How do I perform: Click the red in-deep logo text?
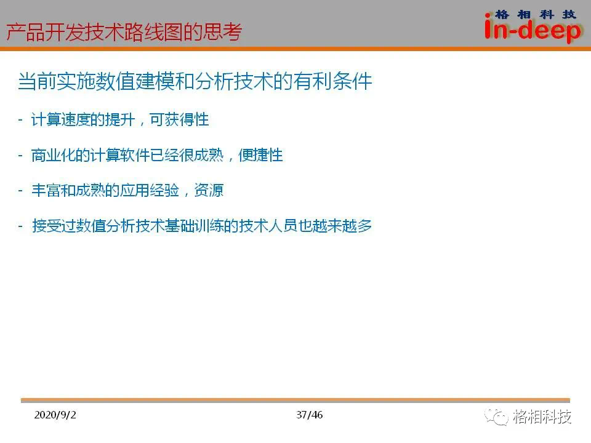tap(532, 30)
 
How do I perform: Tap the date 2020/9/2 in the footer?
tap(55, 415)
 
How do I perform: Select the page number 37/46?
tap(310, 415)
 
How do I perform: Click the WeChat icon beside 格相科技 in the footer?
tap(497, 417)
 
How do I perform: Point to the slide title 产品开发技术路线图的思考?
tap(124, 31)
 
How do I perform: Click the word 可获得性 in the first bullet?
tap(179, 120)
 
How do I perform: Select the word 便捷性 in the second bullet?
tap(260, 155)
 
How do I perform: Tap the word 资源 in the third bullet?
tap(209, 190)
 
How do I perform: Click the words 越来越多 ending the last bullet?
tap(342, 226)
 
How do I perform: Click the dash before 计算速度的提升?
tap(20, 120)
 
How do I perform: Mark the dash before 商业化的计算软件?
tap(20, 155)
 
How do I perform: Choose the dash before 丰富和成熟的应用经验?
tap(20, 191)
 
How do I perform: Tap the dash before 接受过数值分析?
tap(20, 226)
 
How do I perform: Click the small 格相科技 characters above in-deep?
tap(535, 14)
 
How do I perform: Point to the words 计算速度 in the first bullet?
tap(61, 120)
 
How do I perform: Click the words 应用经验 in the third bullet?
tap(150, 190)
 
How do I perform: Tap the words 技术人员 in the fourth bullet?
tap(268, 226)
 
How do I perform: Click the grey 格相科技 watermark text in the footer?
tap(542, 417)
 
